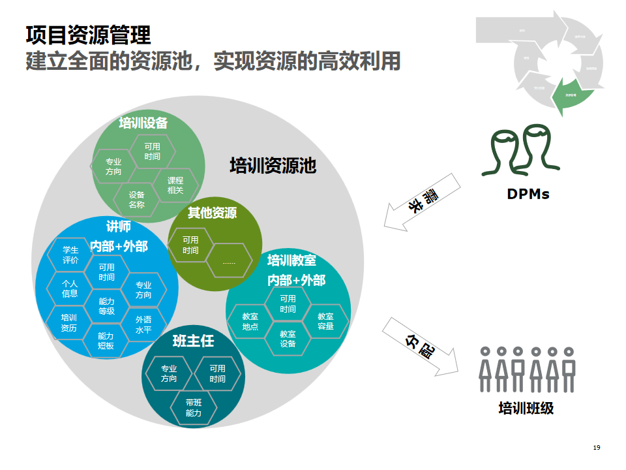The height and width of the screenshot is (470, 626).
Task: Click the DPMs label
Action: (x=528, y=194)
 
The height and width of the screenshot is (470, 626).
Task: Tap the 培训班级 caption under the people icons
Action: (x=526, y=409)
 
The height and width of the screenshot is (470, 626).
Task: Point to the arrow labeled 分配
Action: (x=417, y=346)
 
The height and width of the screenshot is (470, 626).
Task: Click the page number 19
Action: (x=597, y=447)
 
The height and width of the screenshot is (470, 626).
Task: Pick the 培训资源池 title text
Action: (x=273, y=166)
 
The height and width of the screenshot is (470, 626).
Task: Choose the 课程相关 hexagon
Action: (x=175, y=185)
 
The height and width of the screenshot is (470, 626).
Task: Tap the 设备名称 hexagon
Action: (x=136, y=200)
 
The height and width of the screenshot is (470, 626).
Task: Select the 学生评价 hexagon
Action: (x=70, y=255)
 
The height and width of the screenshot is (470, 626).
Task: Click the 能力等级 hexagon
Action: (x=107, y=306)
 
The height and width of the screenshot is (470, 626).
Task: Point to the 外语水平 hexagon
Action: (x=143, y=324)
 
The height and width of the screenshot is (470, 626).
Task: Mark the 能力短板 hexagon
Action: (x=106, y=341)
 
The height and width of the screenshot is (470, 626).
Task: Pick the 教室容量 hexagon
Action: (x=325, y=321)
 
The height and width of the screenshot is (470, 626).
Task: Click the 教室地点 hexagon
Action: (x=250, y=321)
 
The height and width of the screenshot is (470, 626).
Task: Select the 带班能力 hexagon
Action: (x=194, y=408)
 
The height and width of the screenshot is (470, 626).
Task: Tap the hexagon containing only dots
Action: (x=229, y=261)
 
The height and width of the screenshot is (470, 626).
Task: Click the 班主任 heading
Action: (x=193, y=341)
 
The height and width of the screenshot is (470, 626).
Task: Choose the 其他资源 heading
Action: (x=212, y=213)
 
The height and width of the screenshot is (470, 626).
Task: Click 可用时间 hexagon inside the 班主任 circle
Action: (x=218, y=374)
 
